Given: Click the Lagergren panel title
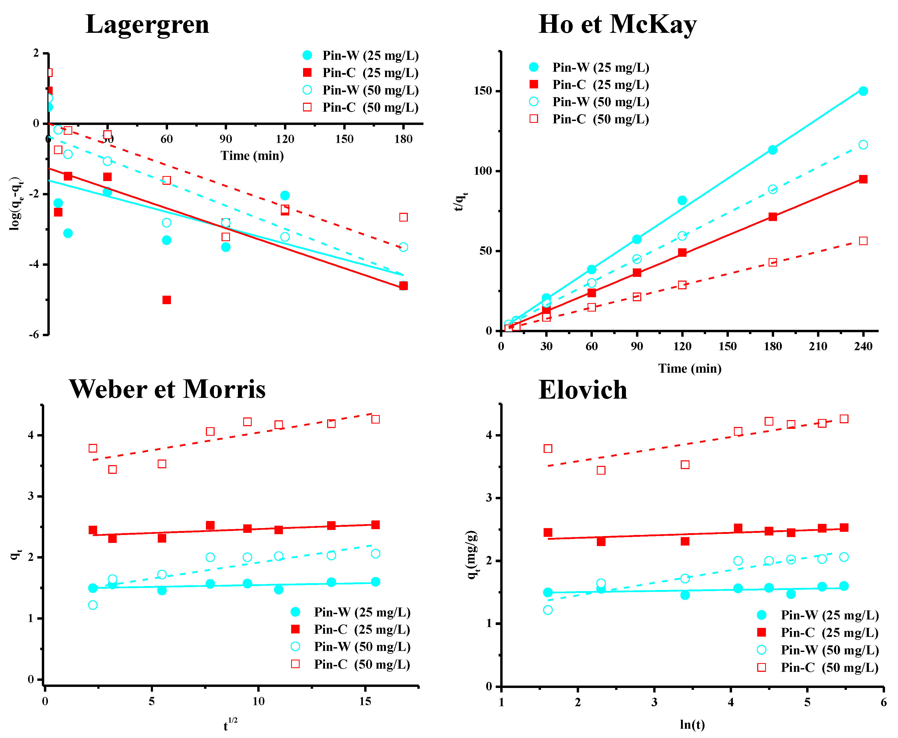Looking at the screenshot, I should [147, 24].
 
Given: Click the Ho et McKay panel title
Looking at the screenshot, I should [617, 24].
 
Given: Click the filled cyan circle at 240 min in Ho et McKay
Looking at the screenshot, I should [863, 91].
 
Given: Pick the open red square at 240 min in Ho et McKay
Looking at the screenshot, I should [863, 241].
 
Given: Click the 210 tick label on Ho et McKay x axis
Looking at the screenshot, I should [818, 346].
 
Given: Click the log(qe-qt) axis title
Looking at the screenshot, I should [16, 204].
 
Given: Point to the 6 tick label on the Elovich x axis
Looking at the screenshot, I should [883, 702].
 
